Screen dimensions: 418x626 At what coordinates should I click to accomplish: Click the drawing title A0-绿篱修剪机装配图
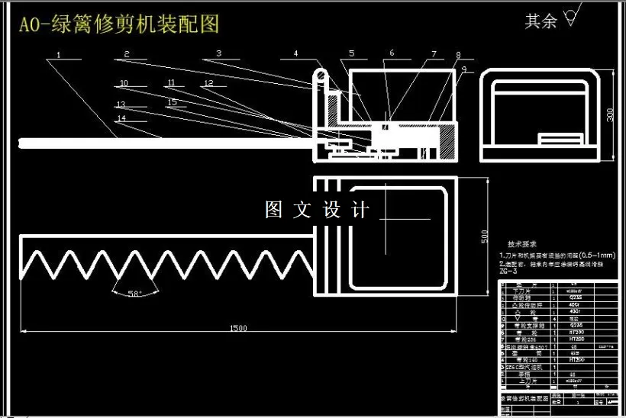pos(118,24)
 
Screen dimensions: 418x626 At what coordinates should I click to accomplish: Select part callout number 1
pos(59,54)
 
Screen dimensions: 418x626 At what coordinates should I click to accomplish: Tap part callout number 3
pos(218,53)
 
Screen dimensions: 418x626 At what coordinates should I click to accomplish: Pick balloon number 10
pos(124,82)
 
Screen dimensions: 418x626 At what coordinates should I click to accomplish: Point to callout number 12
pos(208,82)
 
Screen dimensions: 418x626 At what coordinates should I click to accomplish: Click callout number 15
pos(172,101)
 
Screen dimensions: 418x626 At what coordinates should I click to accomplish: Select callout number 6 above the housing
pos(392,53)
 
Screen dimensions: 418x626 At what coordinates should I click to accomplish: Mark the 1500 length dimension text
pos(238,328)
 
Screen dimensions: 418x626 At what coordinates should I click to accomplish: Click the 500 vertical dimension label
pos(484,236)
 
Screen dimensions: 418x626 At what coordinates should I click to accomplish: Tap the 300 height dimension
pos(610,114)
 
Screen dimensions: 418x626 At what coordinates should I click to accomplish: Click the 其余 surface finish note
pos(542,21)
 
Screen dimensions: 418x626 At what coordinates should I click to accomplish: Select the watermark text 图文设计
pos(318,210)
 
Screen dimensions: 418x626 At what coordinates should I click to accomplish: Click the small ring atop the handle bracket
pos(321,74)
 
